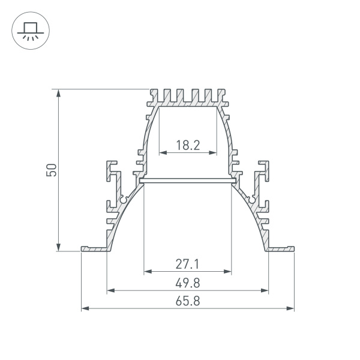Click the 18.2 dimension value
tap(188, 145)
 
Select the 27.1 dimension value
tap(188, 263)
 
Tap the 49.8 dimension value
tap(188, 282)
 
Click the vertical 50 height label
tap(52, 170)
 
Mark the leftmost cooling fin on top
tap(152, 96)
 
